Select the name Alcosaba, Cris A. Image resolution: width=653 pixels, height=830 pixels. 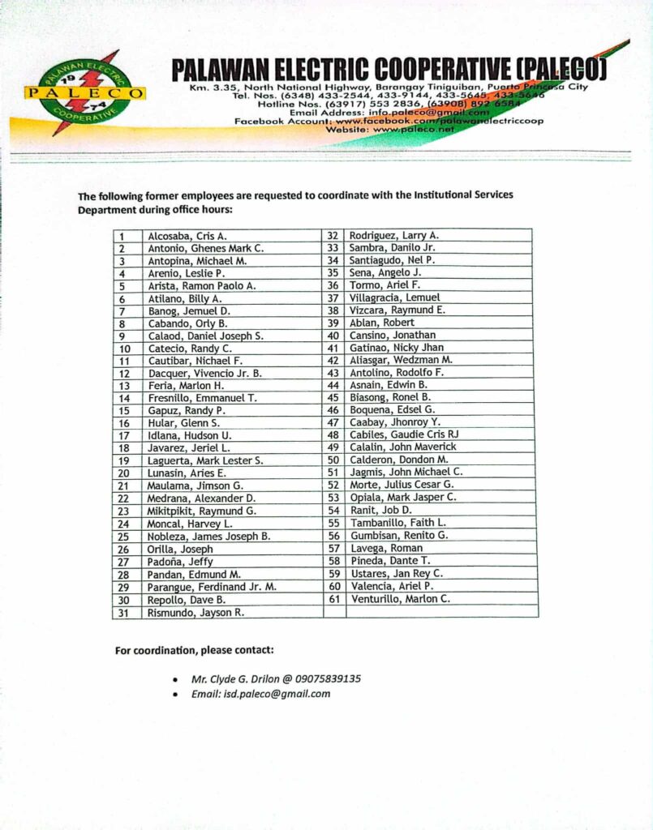click(176, 236)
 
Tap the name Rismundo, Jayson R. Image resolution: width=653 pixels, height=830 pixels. click(195, 613)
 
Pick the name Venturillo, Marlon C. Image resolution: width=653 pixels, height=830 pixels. click(400, 599)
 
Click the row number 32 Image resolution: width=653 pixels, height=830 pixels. click(333, 235)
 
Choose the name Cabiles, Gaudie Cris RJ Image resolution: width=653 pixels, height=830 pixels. click(404, 434)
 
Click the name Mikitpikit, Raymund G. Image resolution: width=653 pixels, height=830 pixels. click(202, 511)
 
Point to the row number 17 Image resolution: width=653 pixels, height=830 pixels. click(124, 436)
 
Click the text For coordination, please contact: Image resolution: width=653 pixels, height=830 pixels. click(194, 650)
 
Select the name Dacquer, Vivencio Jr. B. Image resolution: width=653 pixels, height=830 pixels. click(204, 374)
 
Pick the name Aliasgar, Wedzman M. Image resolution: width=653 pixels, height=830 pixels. click(401, 360)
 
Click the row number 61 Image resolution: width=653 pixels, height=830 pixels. click(333, 599)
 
